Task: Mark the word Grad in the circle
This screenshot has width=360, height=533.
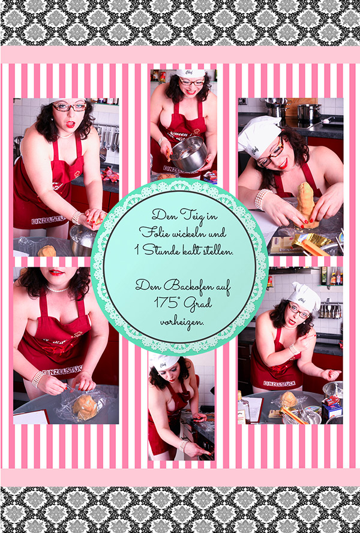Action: (198, 303)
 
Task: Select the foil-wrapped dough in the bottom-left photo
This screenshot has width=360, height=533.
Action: (85, 407)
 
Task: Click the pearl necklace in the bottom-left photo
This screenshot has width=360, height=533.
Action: (57, 289)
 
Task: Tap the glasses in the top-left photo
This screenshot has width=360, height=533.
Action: (70, 107)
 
